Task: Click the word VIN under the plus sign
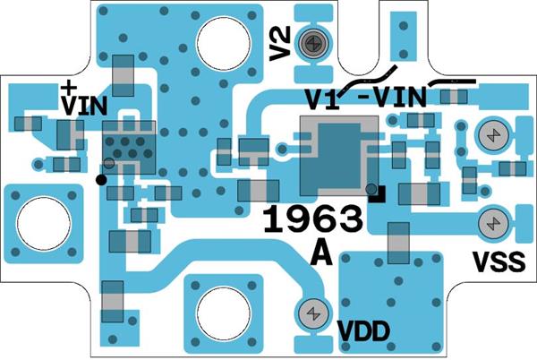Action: [x=83, y=105]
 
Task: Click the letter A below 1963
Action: [x=321, y=254]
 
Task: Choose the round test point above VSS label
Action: [x=490, y=222]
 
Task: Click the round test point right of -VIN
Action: [x=490, y=135]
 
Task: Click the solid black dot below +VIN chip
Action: [x=101, y=179]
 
